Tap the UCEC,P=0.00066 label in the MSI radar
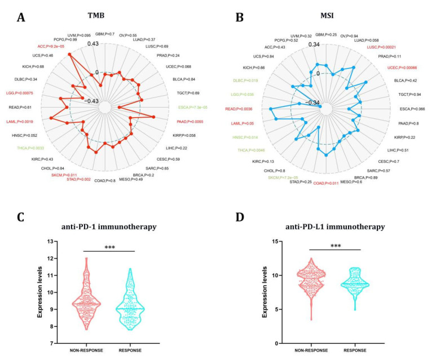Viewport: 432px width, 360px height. [x=405, y=68]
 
